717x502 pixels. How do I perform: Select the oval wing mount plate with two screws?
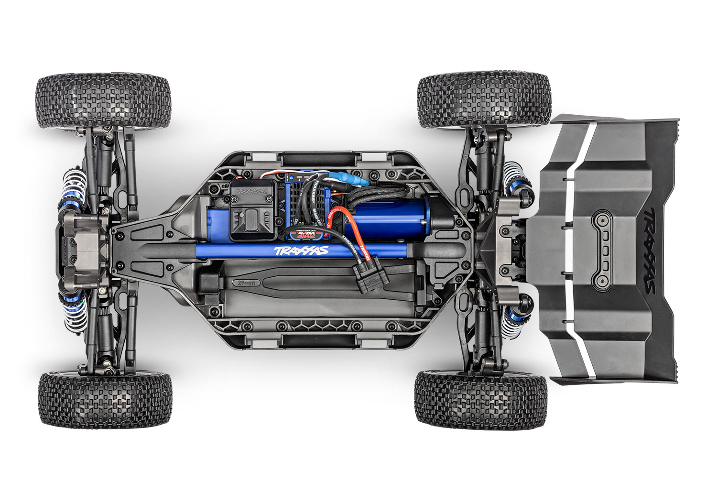606,252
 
